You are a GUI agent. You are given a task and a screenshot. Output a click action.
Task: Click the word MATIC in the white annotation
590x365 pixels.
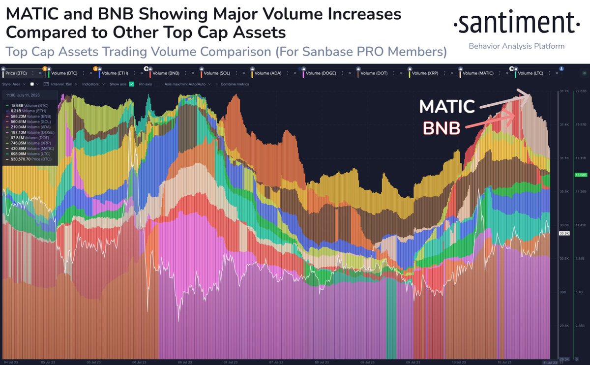447,107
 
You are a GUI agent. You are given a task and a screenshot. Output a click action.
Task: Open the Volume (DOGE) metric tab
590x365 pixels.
321,73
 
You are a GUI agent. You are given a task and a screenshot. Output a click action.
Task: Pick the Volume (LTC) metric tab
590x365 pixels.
531,73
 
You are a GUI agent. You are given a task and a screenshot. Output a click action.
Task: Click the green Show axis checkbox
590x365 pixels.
131,84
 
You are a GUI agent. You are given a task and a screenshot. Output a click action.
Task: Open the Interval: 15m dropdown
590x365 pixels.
57,84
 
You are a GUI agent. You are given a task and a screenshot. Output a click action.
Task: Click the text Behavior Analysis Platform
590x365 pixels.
516,46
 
